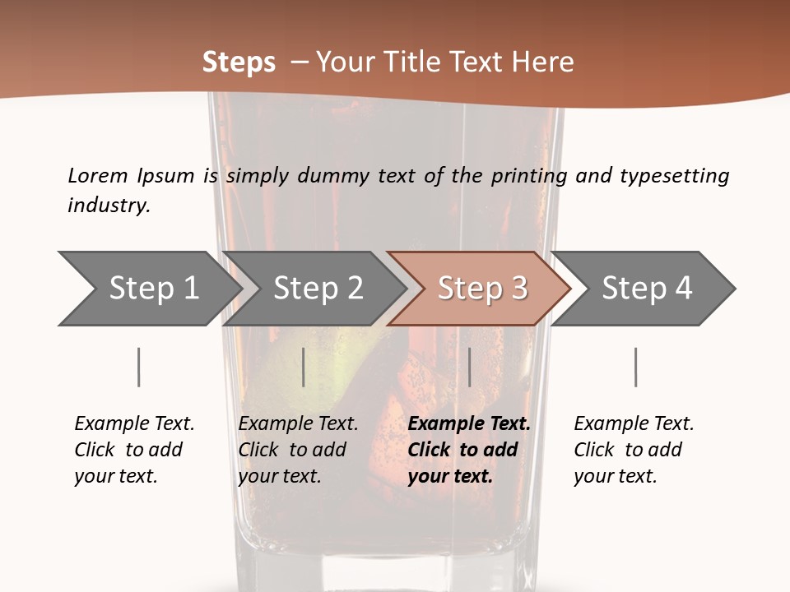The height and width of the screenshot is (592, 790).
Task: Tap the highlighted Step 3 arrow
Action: click(481, 289)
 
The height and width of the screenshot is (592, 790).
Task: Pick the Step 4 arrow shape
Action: click(646, 289)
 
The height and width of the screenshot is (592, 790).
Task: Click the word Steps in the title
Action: click(239, 62)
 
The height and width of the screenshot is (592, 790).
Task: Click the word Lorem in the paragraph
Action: click(97, 175)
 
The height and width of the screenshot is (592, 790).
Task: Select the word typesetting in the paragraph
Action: click(674, 176)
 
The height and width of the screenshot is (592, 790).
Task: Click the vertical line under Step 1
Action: click(138, 367)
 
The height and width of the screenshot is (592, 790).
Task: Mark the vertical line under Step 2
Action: click(304, 367)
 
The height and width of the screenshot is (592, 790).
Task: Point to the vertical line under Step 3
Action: click(469, 367)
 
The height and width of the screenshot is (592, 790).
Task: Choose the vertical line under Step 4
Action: click(635, 367)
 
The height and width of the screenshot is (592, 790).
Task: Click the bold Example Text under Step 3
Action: click(469, 423)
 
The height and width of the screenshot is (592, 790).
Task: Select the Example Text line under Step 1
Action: click(134, 423)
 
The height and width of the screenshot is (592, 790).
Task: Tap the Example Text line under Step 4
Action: click(634, 423)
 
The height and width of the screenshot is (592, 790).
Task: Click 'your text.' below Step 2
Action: click(279, 476)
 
